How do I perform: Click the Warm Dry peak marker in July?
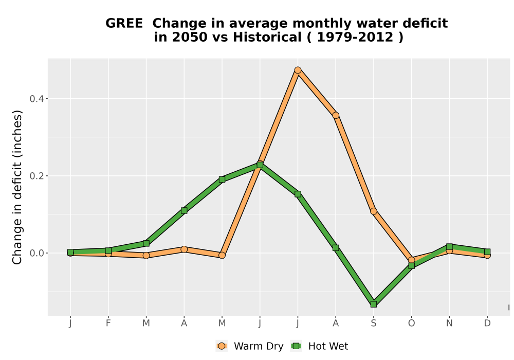pos(298,70)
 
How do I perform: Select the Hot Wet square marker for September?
pos(373,304)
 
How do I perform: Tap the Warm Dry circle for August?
pos(336,115)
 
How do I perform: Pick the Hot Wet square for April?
pos(184,210)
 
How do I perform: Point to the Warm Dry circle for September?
pos(373,211)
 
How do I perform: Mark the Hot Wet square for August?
pos(336,248)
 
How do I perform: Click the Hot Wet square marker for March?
pos(146,243)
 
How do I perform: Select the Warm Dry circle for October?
pos(411,260)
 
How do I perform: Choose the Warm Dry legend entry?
pos(249,346)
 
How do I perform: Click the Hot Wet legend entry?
pos(319,346)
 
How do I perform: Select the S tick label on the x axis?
pos(373,323)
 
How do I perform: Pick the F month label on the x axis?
pos(108,323)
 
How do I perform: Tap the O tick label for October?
pos(411,323)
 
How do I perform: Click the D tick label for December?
pos(487,323)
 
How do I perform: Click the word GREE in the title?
pos(124,24)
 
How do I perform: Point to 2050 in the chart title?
pos(190,38)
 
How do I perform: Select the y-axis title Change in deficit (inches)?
pos(17,188)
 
